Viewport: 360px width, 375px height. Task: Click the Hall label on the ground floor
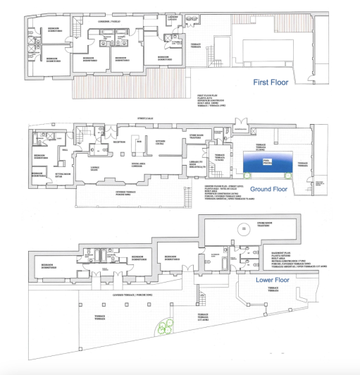(65, 150)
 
